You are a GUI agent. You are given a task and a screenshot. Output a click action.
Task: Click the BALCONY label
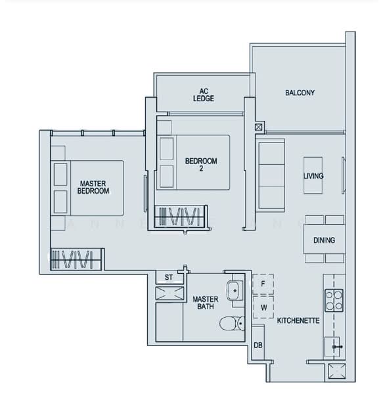tap(300, 93)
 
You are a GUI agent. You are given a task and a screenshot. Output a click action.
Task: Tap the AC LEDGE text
tap(204, 95)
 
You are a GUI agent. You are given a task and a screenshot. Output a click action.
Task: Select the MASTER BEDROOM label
tap(93, 187)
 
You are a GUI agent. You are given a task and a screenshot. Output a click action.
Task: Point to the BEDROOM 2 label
tap(201, 165)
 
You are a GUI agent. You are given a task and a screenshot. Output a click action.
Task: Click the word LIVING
tap(313, 176)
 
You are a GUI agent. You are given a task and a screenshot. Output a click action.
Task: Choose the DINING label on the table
tap(324, 240)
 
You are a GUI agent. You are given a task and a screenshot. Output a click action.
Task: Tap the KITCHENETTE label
tap(298, 320)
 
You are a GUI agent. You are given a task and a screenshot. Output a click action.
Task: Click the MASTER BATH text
tap(206, 303)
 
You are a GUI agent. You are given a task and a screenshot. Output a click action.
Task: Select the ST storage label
tap(169, 277)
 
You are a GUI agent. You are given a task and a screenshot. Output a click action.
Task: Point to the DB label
tap(258, 345)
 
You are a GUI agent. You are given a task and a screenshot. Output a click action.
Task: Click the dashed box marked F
tap(263, 284)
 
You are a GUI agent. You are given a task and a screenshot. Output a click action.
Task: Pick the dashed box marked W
tap(263, 307)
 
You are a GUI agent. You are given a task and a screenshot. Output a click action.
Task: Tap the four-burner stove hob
tap(334, 301)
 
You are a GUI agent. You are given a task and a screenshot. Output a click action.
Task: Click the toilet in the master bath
tap(232, 323)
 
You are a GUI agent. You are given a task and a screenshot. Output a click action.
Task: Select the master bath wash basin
tap(235, 291)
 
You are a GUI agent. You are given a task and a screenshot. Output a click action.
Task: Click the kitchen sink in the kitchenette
tap(332, 347)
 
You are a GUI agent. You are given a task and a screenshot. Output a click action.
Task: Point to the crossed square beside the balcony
tap(259, 127)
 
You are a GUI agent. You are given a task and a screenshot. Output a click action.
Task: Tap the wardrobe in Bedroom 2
tap(181, 216)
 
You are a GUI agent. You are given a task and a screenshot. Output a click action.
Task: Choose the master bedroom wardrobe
tap(76, 259)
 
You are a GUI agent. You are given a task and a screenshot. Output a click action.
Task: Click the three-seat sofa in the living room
tap(270, 175)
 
